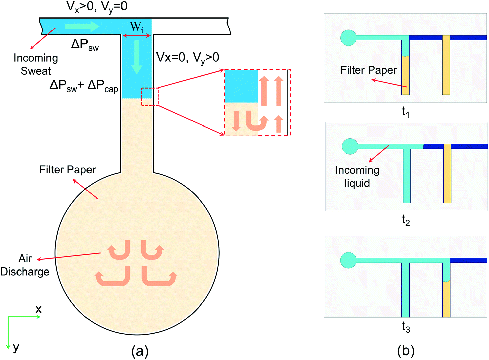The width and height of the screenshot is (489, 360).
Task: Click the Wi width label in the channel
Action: click(x=136, y=27)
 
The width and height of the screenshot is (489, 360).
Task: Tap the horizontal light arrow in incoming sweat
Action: click(x=82, y=26)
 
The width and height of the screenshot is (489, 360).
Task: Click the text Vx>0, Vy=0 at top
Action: click(x=97, y=6)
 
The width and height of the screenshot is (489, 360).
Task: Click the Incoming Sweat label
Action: click(x=36, y=64)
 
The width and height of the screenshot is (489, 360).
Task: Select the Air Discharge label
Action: click(x=25, y=265)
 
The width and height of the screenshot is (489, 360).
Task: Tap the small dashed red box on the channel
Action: click(x=149, y=97)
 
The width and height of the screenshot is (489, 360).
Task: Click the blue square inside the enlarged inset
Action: click(x=241, y=86)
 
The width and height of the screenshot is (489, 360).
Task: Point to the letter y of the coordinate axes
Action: click(x=16, y=347)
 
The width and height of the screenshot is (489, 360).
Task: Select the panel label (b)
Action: click(x=406, y=351)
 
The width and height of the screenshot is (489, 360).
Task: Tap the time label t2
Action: click(x=406, y=220)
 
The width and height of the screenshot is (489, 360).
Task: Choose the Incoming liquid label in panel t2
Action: click(x=357, y=177)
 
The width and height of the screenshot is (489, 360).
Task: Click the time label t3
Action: click(x=406, y=327)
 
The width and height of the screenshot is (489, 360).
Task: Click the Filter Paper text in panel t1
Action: click(x=369, y=70)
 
